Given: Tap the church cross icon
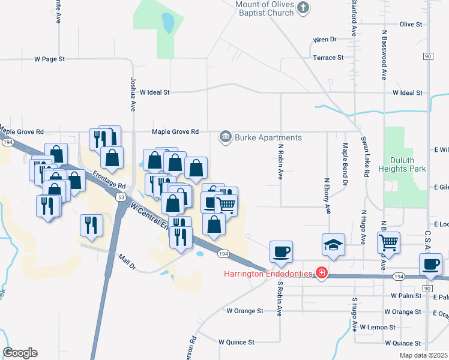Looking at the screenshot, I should pyautogui.click(x=303, y=7).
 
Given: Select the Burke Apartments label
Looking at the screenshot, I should pyautogui.click(x=268, y=137).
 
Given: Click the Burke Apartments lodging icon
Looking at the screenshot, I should pyautogui.click(x=226, y=137).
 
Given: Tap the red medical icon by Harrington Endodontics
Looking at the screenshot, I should pyautogui.click(x=322, y=274).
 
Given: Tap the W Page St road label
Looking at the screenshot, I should pyautogui.click(x=49, y=59).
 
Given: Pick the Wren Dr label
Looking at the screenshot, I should pyautogui.click(x=325, y=40).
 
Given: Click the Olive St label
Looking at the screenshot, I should pyautogui.click(x=411, y=24).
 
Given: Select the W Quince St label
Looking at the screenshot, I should pyautogui.click(x=237, y=342).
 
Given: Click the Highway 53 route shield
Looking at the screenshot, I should pyautogui.click(x=122, y=197).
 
